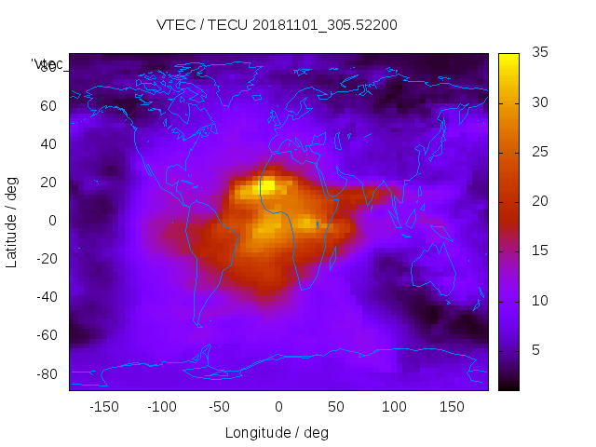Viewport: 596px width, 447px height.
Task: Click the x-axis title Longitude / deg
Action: pos(277,432)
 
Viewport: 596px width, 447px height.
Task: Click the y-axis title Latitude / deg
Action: pos(12,221)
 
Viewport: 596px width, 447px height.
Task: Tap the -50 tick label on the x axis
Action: pos(220,407)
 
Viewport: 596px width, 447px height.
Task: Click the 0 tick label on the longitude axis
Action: pos(278,407)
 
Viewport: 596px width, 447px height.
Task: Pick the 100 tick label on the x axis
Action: pos(394,407)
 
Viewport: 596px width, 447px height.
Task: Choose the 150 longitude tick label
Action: pos(452,407)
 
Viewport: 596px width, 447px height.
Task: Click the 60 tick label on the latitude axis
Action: pos(48,106)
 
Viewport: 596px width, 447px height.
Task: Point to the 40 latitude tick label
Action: pos(48,144)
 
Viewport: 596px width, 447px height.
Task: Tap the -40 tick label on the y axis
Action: pos(46,297)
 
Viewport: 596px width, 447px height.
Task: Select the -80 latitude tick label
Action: pos(46,373)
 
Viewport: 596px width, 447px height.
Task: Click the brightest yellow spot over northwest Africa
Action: pos(268,186)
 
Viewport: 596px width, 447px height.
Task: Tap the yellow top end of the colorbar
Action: pos(508,58)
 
